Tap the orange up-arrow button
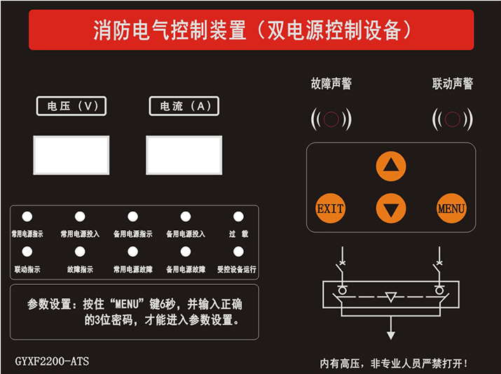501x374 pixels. tap(391, 166)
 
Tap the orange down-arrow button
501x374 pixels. tap(391, 208)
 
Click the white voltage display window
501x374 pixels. tap(71, 155)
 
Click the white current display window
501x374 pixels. tap(184, 155)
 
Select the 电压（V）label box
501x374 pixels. tap(71, 106)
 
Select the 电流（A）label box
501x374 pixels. tap(184, 106)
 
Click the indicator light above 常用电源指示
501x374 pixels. tap(27, 217)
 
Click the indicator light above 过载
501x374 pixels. tap(238, 217)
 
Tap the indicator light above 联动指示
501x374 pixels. tap(27, 251)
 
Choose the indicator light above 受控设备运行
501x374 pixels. tap(238, 251)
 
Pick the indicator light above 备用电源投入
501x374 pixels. tap(185, 217)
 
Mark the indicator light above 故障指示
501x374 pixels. tap(80, 251)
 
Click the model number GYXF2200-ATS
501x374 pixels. tap(53, 361)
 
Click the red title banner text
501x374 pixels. tap(251, 30)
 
